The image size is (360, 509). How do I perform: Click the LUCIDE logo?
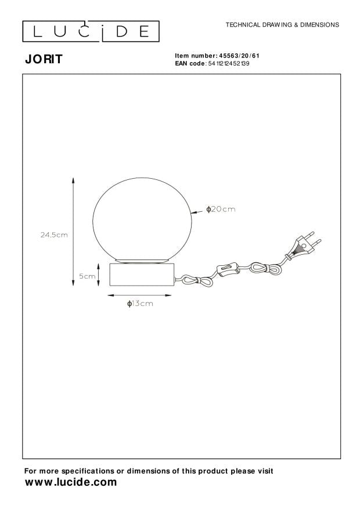[x=91, y=31]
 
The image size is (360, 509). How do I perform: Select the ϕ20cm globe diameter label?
[x=221, y=209]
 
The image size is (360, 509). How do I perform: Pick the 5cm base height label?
[x=88, y=276]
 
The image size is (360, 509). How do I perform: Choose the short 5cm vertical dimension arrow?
[x=99, y=276]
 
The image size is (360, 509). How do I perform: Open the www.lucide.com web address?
[x=70, y=482]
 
